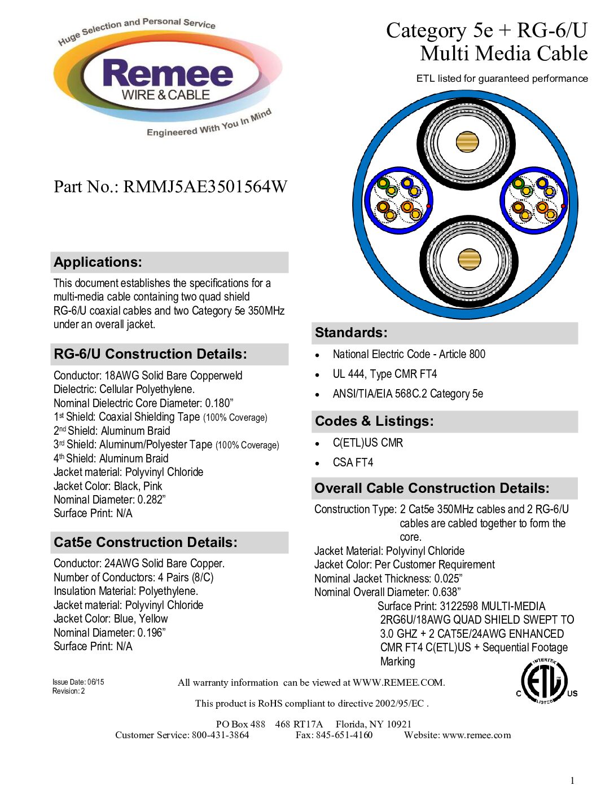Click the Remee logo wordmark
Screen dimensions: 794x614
pyautogui.click(x=168, y=74)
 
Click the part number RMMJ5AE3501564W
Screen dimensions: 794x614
pyautogui.click(x=205, y=187)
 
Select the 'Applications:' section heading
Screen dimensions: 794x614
pyautogui.click(x=98, y=262)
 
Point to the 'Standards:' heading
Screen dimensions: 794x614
pyautogui.click(x=351, y=333)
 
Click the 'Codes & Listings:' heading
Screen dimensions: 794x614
pyautogui.click(x=374, y=421)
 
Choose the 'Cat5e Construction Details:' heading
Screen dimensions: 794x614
pyautogui.click(x=146, y=542)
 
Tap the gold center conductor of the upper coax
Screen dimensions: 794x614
pyautogui.click(x=467, y=142)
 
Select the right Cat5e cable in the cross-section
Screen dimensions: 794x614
pyautogui.click(x=533, y=200)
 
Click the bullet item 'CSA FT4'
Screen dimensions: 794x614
pyautogui.click(x=353, y=462)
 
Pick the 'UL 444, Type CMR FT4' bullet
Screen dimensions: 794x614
pyautogui.click(x=384, y=374)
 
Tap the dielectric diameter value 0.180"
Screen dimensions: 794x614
pyautogui.click(x=219, y=403)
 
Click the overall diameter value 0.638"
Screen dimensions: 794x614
pyautogui.click(x=446, y=592)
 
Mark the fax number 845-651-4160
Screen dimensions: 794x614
pyautogui.click(x=344, y=735)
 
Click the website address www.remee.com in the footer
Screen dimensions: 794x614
pyautogui.click(x=476, y=735)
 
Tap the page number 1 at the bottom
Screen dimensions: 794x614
pyautogui.click(x=572, y=780)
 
